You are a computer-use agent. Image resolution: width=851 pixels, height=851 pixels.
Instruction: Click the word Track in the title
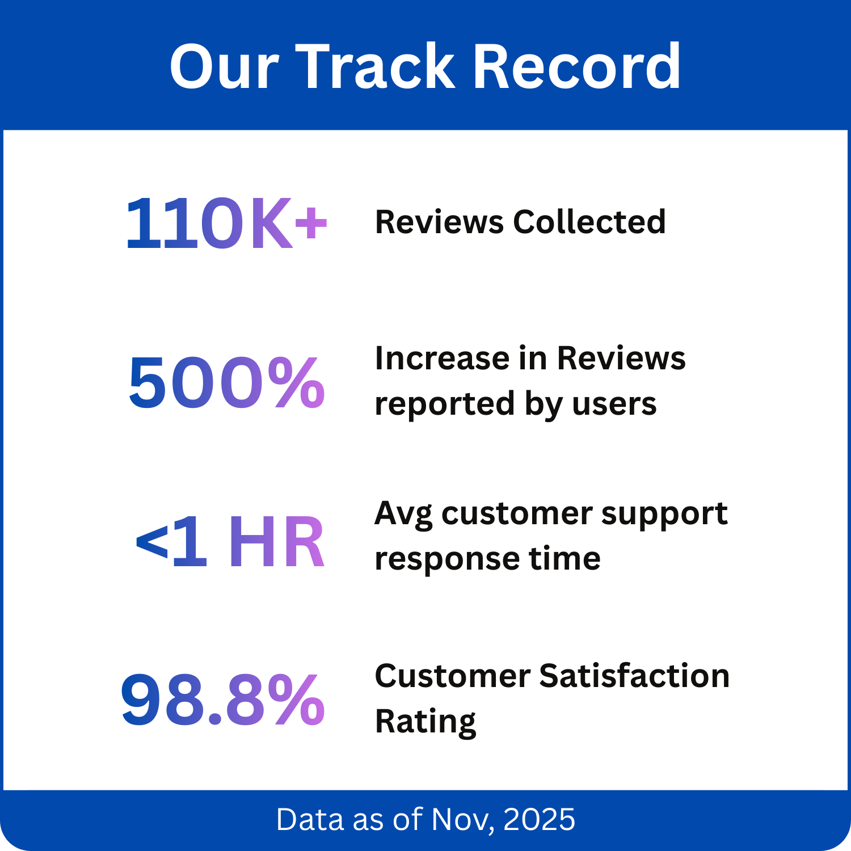coord(375,67)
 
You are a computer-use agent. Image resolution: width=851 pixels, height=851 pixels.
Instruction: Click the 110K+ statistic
coord(226,223)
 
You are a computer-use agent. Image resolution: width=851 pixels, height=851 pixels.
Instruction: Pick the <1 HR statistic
coord(230,541)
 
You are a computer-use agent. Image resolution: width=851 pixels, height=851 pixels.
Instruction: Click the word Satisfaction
coord(634,676)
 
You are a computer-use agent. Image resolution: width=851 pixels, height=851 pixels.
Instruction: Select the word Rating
coord(425,722)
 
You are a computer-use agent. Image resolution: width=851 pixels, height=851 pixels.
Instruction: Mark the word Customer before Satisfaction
coord(452,676)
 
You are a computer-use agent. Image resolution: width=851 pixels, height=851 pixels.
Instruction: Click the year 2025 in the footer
coord(539,820)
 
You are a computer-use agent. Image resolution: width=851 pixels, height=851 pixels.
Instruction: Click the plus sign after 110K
coord(311,222)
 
